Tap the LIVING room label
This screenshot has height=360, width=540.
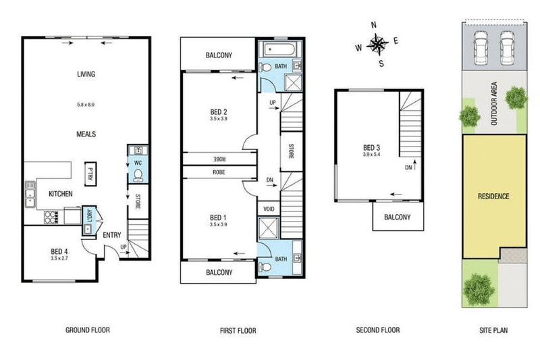(x=86, y=74)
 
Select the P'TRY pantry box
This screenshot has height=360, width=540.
(x=89, y=174)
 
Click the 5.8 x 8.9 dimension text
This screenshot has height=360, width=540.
(x=86, y=105)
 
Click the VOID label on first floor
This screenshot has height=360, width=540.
(x=267, y=209)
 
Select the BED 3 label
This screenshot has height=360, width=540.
(x=372, y=148)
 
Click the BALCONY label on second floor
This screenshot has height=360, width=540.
(x=399, y=217)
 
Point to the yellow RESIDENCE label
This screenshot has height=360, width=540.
(x=493, y=197)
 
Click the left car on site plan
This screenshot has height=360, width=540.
(x=481, y=48)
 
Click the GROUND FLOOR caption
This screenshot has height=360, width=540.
(x=87, y=330)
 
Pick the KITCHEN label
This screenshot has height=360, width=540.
(x=60, y=194)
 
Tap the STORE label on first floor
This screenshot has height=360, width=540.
(x=291, y=151)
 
